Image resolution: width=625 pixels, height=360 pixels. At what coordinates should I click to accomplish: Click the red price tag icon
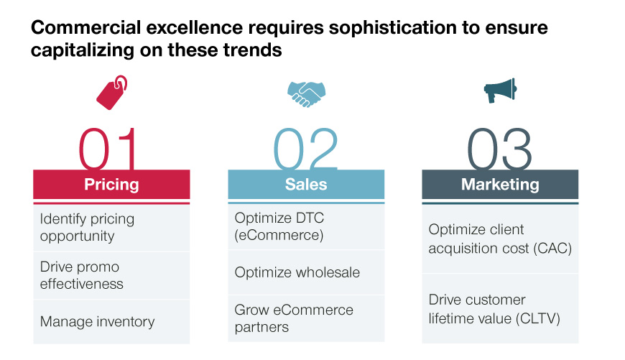(x=111, y=93)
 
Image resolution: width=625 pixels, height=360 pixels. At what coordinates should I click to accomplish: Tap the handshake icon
(x=306, y=94)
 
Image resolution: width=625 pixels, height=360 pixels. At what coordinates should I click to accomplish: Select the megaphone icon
(x=500, y=91)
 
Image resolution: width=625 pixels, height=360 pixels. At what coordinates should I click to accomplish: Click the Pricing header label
(x=111, y=185)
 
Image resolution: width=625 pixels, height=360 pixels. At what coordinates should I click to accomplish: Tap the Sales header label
(x=306, y=185)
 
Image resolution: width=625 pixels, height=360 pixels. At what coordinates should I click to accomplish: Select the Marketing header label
(x=500, y=185)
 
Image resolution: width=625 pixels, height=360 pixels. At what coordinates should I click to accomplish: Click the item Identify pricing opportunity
(x=87, y=227)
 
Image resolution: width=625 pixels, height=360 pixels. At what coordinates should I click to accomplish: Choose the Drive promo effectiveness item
(x=82, y=275)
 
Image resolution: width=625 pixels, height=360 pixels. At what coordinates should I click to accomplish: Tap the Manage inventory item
(x=97, y=322)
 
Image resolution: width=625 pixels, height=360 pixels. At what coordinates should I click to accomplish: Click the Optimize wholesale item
(x=297, y=272)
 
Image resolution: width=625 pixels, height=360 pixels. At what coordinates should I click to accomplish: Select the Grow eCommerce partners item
(x=294, y=318)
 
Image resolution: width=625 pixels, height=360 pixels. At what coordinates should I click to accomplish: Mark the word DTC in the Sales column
(x=310, y=218)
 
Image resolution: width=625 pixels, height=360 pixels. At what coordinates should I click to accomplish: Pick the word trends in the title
(x=253, y=50)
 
